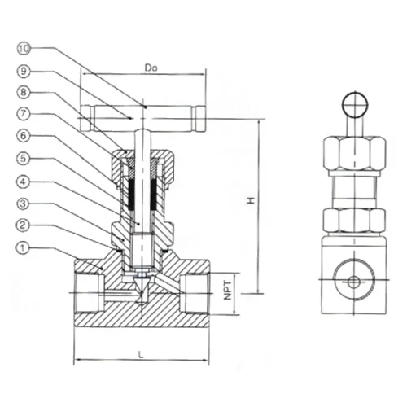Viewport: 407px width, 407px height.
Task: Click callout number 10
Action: pos(24,49)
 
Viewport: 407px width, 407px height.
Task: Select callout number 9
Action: pos(24,72)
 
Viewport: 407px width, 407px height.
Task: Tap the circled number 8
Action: pos(24,92)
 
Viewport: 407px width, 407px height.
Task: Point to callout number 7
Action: pos(24,113)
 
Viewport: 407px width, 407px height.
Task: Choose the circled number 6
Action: pos(24,136)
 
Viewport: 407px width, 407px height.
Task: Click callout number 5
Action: pos(24,158)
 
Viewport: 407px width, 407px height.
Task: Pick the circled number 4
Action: pos(24,182)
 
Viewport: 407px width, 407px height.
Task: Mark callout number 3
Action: pos(24,203)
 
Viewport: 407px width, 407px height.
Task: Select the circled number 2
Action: pos(23,225)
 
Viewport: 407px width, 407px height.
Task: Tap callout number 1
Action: pos(23,247)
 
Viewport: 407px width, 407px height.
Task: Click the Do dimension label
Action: pos(151,68)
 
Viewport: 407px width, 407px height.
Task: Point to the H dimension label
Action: pos(251,200)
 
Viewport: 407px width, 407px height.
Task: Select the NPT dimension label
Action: pos(228,291)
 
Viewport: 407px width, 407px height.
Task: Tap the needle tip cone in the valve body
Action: pos(142,288)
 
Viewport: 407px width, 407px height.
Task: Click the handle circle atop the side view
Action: pos(355,105)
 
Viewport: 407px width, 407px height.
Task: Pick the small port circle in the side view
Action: pos(353,282)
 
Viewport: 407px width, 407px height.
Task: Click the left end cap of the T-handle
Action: pos(88,119)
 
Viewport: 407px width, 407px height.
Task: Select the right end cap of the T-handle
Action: pos(199,119)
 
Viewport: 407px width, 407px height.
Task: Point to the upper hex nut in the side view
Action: pos(354,154)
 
